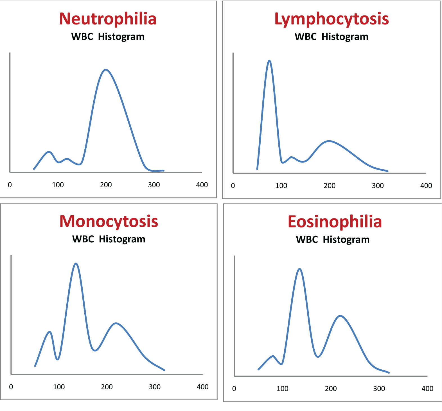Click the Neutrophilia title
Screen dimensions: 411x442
(x=108, y=19)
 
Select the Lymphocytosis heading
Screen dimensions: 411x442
(x=331, y=19)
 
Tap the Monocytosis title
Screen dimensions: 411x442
(x=109, y=221)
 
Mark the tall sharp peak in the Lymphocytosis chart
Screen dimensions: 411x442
(x=269, y=61)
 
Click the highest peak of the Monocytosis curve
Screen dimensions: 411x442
(x=76, y=263)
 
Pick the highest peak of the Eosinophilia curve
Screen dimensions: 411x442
(x=299, y=269)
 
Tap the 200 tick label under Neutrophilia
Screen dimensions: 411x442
(x=106, y=185)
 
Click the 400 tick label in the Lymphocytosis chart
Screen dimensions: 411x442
(x=426, y=186)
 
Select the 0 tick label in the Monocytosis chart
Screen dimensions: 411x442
(x=11, y=387)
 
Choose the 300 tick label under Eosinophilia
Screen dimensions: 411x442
(x=379, y=389)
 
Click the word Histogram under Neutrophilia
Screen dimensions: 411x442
(x=121, y=37)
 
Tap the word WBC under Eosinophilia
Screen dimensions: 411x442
(x=307, y=240)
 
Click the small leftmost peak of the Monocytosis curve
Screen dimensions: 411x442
(x=50, y=332)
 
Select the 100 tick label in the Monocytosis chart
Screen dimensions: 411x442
(x=59, y=387)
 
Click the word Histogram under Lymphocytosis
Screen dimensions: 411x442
(x=345, y=37)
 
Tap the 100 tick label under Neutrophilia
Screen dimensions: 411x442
(x=58, y=185)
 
